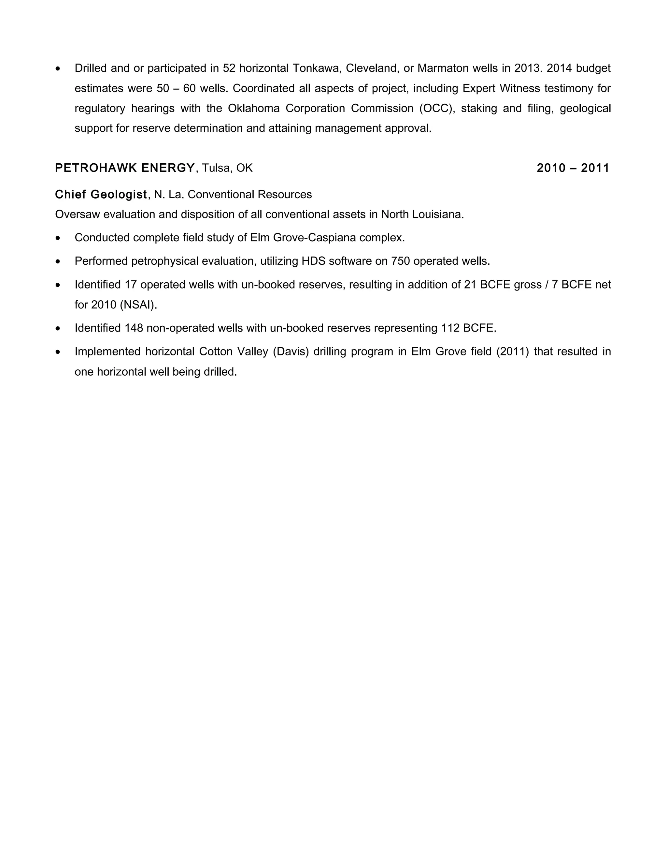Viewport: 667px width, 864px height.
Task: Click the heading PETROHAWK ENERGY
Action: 125,168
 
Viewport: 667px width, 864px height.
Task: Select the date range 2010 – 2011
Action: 573,168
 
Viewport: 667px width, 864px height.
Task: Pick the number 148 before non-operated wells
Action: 134,328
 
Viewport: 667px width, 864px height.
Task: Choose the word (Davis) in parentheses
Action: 291,352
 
